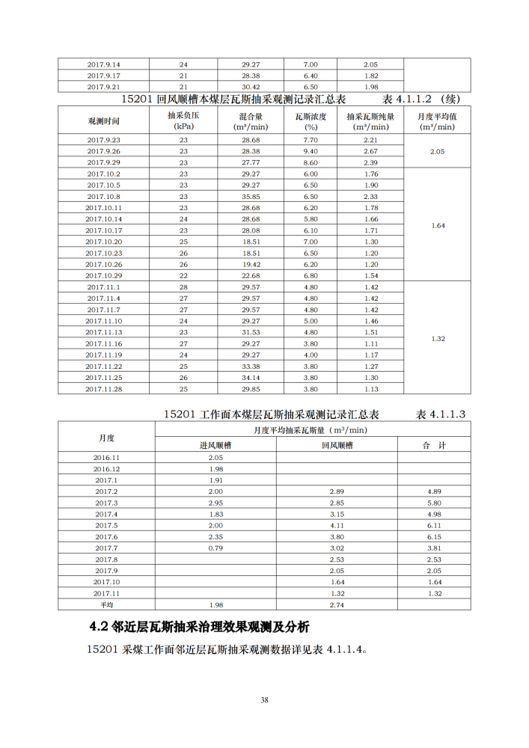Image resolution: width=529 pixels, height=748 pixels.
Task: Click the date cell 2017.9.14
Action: point(104,64)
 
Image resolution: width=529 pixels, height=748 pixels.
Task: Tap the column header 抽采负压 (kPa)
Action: point(183,121)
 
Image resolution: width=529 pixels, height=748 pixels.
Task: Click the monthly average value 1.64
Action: point(438,225)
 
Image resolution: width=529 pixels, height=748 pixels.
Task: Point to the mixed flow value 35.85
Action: point(251,196)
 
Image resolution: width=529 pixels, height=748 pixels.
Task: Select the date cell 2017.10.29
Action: point(104,275)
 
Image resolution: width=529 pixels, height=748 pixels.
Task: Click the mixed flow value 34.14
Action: point(251,377)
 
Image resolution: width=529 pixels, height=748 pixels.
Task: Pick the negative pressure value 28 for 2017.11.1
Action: point(183,286)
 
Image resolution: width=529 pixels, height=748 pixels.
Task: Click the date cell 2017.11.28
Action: point(104,388)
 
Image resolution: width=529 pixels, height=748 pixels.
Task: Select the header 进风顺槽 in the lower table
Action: point(215,445)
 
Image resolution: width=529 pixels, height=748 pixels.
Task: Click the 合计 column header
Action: point(434,445)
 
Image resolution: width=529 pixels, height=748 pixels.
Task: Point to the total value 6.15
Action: point(434,536)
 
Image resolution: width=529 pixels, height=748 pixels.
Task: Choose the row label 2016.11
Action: point(106,457)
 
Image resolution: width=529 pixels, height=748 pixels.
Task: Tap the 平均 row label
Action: point(106,604)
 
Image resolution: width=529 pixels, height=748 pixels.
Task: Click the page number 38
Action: point(264,700)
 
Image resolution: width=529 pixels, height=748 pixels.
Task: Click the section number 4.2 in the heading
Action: point(99,626)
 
